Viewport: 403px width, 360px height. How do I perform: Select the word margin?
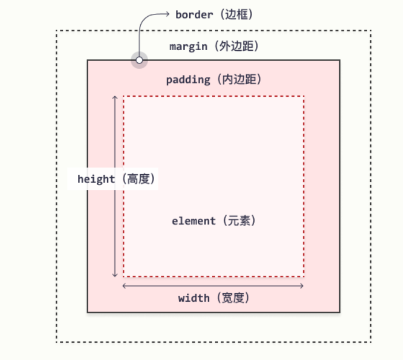tap(188, 47)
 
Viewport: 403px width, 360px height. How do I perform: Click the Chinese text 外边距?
tap(235, 47)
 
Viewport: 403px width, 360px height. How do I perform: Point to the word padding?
tap(188, 80)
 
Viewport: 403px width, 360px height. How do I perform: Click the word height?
tap(96, 179)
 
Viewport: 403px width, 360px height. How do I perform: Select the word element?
tap(194, 221)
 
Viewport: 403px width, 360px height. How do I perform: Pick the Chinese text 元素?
tap(236, 221)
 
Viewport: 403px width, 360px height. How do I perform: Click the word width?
tap(194, 298)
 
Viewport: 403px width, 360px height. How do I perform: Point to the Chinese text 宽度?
tap(234, 298)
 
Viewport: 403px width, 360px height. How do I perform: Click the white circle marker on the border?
tap(139, 60)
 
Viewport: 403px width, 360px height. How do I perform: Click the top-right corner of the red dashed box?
tap(304, 96)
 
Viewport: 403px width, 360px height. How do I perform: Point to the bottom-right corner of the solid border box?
tap(340, 312)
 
